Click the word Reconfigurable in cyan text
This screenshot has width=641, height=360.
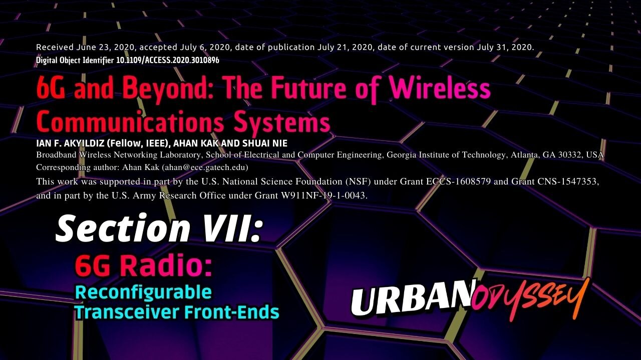[143, 291]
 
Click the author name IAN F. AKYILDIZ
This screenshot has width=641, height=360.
[67, 143]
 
